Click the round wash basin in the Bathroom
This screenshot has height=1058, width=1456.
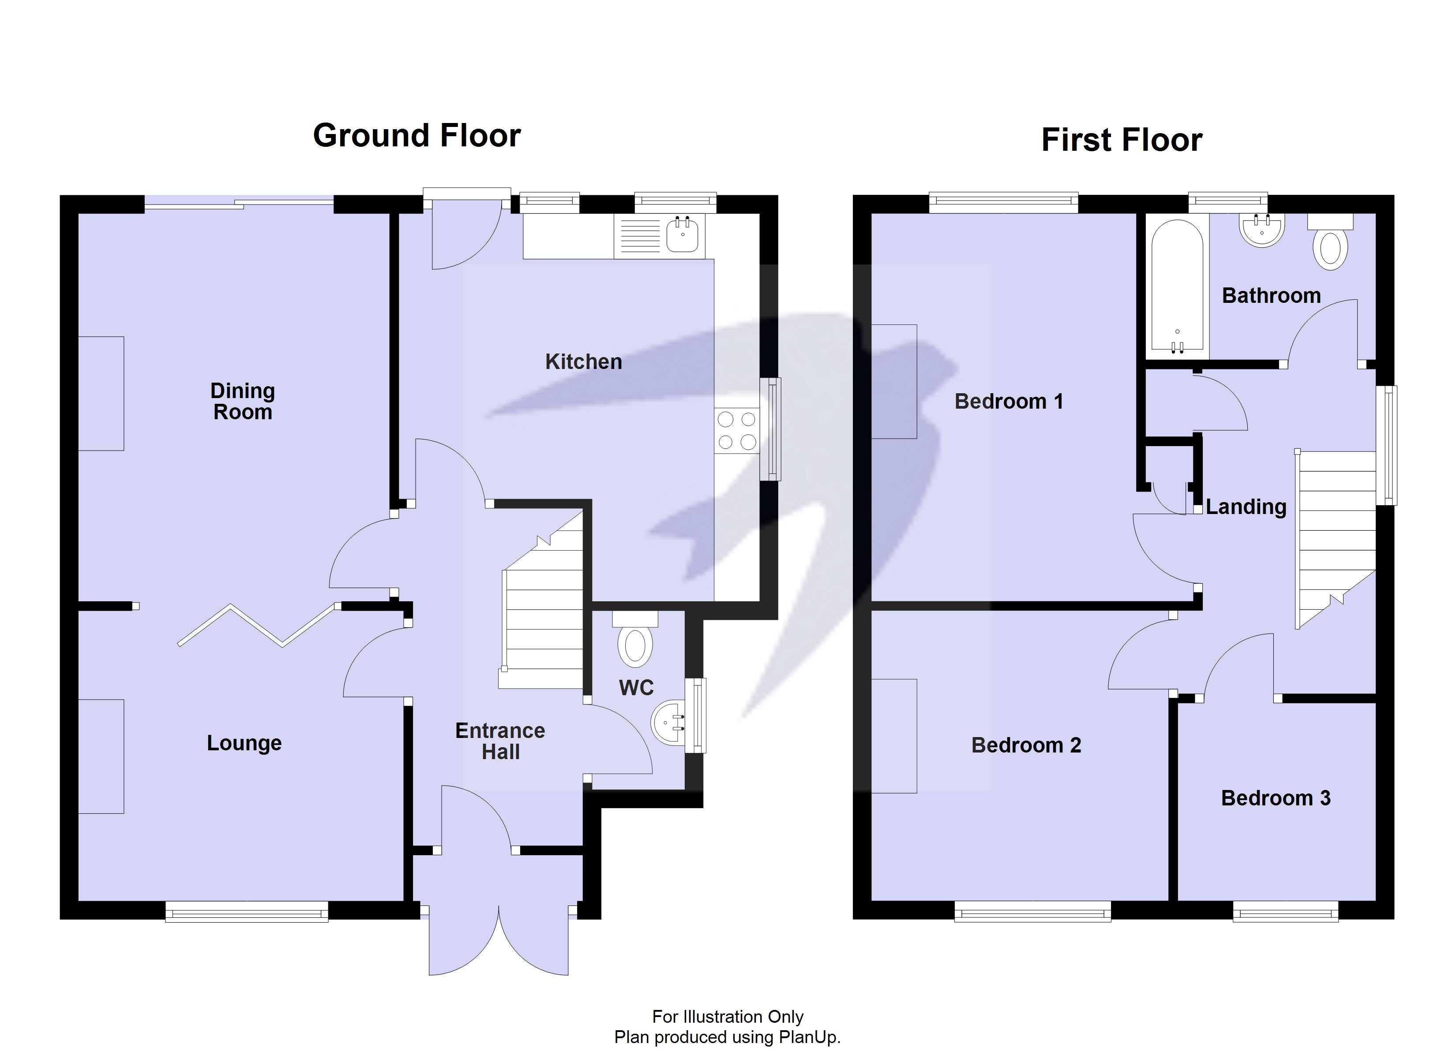tap(1261, 230)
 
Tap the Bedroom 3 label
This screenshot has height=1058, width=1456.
tap(1275, 798)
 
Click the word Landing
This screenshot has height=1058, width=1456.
tap(1246, 507)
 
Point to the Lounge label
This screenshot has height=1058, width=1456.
tap(244, 743)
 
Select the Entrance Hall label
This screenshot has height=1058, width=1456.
tap(499, 741)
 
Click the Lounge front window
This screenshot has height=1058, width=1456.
tap(247, 911)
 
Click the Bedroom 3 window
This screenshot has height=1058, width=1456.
tap(1285, 911)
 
